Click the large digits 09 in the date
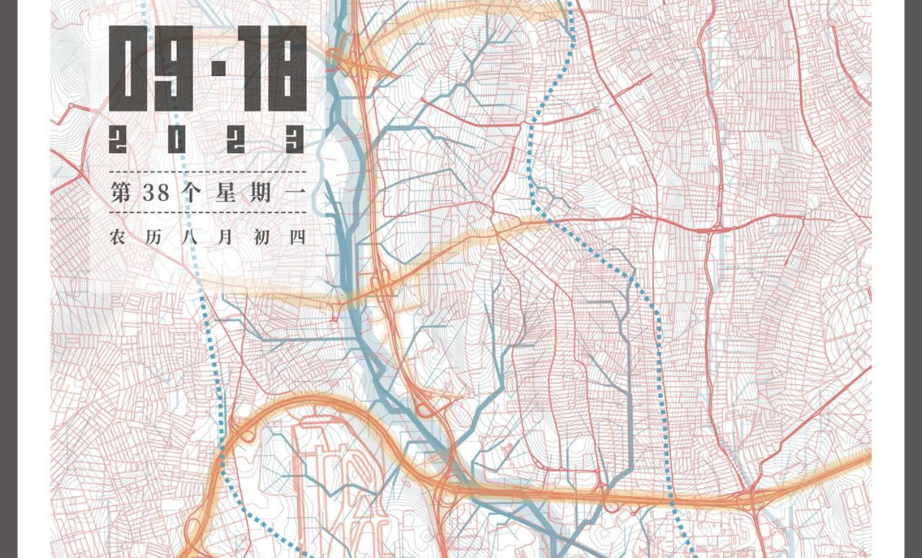pyautogui.click(x=151, y=69)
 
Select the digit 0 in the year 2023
pyautogui.click(x=177, y=140)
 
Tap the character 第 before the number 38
pyautogui.click(x=120, y=192)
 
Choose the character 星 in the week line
pyautogui.click(x=226, y=192)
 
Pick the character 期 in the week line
pyautogui.click(x=261, y=192)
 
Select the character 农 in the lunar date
pyautogui.click(x=117, y=237)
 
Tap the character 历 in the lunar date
pyautogui.click(x=153, y=237)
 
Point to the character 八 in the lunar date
pyautogui.click(x=190, y=237)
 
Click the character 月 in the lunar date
pyautogui.click(x=226, y=237)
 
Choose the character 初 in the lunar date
pyautogui.click(x=261, y=237)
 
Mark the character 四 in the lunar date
pyautogui.click(x=297, y=237)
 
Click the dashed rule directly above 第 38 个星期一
pyautogui.click(x=208, y=172)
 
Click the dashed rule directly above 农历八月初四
pyautogui.click(x=208, y=213)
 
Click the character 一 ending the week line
pyautogui.click(x=297, y=192)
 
